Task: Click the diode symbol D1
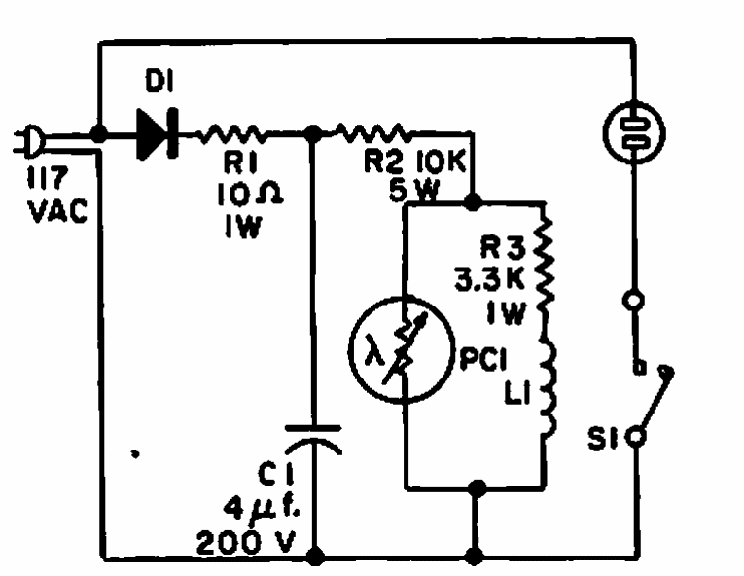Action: coord(158,133)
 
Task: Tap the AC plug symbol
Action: coord(29,141)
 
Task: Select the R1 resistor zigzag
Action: coord(232,134)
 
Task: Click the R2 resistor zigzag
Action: coord(373,133)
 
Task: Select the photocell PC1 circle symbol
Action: coord(402,350)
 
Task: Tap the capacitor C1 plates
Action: coord(313,440)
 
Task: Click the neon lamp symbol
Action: coord(634,133)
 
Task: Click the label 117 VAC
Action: coord(57,195)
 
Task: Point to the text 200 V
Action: coord(246,542)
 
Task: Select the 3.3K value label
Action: coord(489,279)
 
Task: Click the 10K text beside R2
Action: coord(442,162)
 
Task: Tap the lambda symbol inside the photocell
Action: coord(374,349)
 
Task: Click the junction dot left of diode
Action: coord(98,134)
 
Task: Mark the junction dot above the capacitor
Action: coord(313,134)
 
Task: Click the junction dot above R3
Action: coord(472,202)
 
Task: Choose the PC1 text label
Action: coord(483,359)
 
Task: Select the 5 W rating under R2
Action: coord(413,191)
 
